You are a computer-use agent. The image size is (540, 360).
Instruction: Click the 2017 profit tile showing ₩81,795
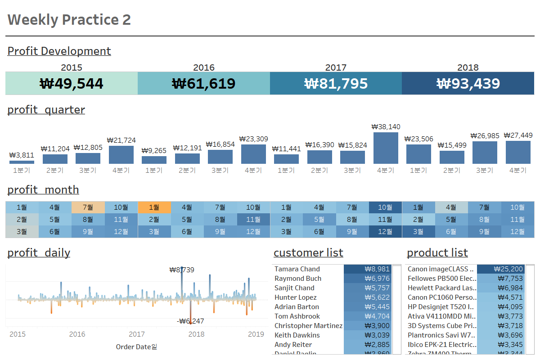[336, 83]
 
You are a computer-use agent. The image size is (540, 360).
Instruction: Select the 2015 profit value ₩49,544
[72, 84]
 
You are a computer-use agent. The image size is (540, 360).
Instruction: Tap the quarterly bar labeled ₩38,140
[386, 148]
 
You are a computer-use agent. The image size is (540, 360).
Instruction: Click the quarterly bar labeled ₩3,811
[22, 162]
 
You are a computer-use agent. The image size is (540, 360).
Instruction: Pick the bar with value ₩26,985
[485, 153]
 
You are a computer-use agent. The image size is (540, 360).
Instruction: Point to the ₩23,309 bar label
[253, 139]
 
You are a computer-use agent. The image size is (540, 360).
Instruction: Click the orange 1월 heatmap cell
[154, 207]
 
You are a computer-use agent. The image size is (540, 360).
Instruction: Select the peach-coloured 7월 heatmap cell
[88, 207]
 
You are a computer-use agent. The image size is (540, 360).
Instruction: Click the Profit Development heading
[59, 51]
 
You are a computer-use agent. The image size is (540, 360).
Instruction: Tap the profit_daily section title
[39, 253]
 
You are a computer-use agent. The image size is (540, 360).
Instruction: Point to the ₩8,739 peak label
[182, 270]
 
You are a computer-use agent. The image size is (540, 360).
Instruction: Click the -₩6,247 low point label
[191, 321]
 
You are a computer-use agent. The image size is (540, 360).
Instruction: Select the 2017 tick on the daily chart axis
[137, 334]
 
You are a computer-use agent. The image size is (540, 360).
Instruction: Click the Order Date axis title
[136, 346]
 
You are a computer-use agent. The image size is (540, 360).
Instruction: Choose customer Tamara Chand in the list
[297, 269]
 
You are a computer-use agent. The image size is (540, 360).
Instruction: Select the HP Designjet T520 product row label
[441, 307]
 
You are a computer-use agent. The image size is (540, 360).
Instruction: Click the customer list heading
[308, 253]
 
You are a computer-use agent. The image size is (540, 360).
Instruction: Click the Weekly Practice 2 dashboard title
[69, 20]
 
